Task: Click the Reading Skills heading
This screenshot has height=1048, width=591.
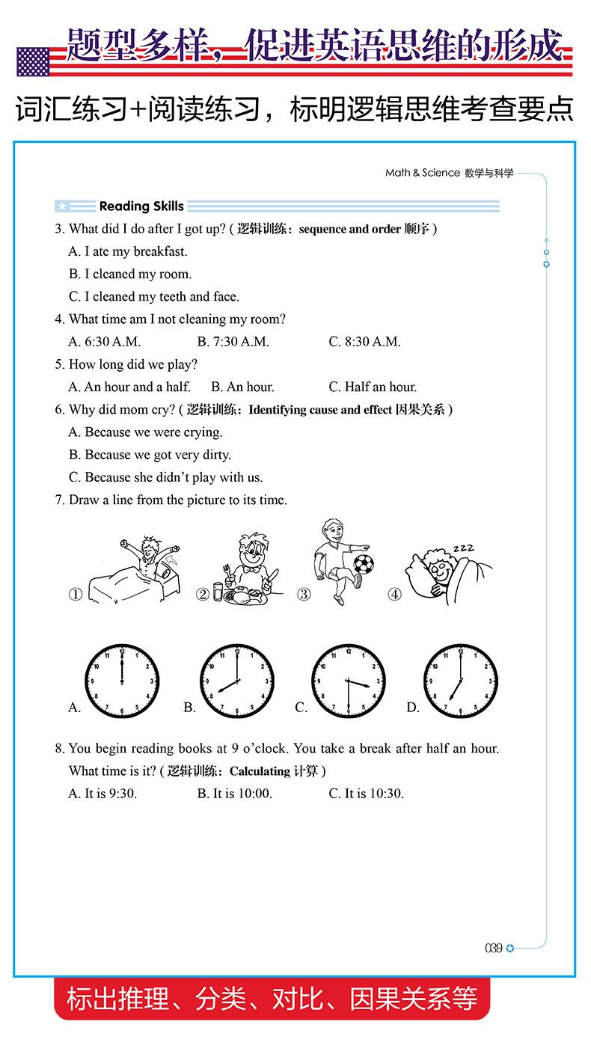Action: pos(141,206)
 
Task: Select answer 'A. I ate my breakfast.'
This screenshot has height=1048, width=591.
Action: pos(128,251)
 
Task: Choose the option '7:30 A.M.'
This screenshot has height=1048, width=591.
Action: pos(233,342)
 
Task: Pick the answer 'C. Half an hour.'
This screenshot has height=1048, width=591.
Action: pos(373,387)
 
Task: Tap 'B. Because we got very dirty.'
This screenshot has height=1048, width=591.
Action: pos(150,455)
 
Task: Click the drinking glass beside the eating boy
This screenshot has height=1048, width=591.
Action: pos(217,592)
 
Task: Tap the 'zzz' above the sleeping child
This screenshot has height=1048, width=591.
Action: pos(462,549)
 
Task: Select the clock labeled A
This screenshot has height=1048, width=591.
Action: pos(121,681)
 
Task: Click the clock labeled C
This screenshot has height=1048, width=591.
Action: pos(349,681)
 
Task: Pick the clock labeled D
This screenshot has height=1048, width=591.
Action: pos(460,681)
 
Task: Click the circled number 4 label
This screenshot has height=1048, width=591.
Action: pos(394,595)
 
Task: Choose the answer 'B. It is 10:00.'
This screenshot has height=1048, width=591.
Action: pos(234,794)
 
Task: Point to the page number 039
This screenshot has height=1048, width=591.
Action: pos(493,949)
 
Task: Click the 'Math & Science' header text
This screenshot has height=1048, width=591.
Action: pos(423,173)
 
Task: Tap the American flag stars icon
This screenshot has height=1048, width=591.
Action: pos(32,62)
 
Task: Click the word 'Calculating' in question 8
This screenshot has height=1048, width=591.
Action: pos(260,771)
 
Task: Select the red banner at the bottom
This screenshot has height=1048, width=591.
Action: pos(272,999)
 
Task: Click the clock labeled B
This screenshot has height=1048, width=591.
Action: pos(236,681)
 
